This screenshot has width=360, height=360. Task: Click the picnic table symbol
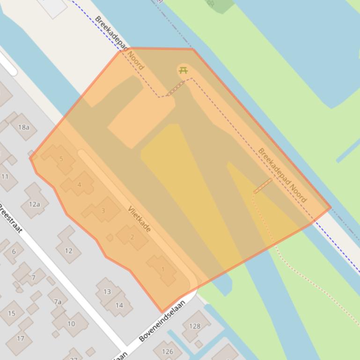[183, 70]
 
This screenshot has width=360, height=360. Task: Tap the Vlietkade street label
[140, 219]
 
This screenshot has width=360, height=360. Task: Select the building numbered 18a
[23, 127]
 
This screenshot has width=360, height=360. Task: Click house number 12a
[34, 203]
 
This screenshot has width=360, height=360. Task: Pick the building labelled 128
[195, 326]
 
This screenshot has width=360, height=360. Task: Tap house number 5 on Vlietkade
[61, 159]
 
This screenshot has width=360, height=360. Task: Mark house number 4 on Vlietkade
[79, 185]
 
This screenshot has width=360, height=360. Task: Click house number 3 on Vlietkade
[103, 210]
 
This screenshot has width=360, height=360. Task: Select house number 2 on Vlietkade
[132, 237]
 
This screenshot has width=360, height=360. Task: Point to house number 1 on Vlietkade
[163, 269]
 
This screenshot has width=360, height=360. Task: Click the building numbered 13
[107, 292]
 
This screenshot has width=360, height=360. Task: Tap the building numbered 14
[119, 305]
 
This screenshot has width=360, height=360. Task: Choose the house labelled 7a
[58, 302]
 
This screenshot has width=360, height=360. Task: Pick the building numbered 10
[71, 323]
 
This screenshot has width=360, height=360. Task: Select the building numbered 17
[21, 338]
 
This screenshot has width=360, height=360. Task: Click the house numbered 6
[14, 252]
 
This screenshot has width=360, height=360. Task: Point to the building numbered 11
[5, 176]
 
